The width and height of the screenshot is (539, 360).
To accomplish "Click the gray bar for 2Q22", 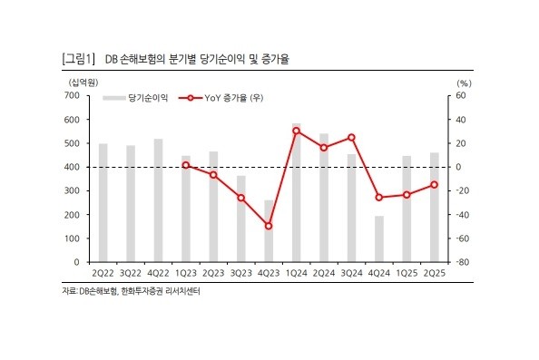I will [x=103, y=202].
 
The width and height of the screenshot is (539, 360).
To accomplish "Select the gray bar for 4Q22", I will [x=158, y=199].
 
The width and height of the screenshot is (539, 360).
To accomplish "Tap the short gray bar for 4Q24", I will [x=379, y=238].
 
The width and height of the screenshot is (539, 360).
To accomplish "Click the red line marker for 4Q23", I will [x=269, y=226].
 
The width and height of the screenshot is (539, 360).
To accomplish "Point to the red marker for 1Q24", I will [x=297, y=131].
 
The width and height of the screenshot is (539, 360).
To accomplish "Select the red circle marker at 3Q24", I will [x=351, y=137].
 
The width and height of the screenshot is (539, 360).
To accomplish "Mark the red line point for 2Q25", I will [x=435, y=185].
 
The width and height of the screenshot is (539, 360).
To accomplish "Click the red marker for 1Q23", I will [x=186, y=165].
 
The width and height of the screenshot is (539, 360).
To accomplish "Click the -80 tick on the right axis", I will [x=460, y=262].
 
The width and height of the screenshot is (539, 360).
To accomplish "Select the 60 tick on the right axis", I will [x=460, y=96].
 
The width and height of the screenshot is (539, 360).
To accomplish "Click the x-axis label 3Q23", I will [x=240, y=273].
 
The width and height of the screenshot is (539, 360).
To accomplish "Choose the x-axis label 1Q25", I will [x=407, y=273].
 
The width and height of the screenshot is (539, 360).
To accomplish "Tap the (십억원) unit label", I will [x=77, y=82].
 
